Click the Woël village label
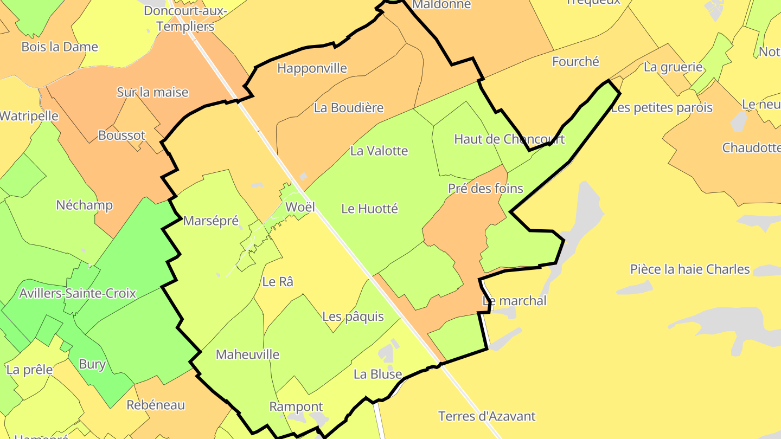pyautogui.click(x=300, y=206)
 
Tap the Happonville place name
pyautogui.click(x=312, y=68)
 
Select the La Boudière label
pyautogui.click(x=349, y=108)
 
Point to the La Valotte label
pyautogui.click(x=379, y=151)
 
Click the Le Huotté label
pyautogui.click(x=369, y=208)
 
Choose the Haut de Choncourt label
pyautogui.click(x=509, y=139)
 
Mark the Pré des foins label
pyautogui.click(x=485, y=189)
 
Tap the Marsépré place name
pyautogui.click(x=211, y=221)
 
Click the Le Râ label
pyautogui.click(x=278, y=282)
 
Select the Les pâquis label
pyautogui.click(x=353, y=317)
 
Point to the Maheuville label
pyautogui.click(x=247, y=354)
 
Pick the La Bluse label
pyautogui.click(x=377, y=374)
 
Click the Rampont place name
pyautogui.click(x=296, y=406)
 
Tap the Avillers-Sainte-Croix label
pyautogui.click(x=78, y=294)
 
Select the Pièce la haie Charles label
pyautogui.click(x=690, y=269)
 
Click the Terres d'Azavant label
pyautogui.click(x=486, y=416)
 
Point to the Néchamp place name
pyautogui.click(x=85, y=205)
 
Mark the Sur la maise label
pyautogui.click(x=152, y=92)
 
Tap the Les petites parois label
pyautogui.click(x=662, y=108)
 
